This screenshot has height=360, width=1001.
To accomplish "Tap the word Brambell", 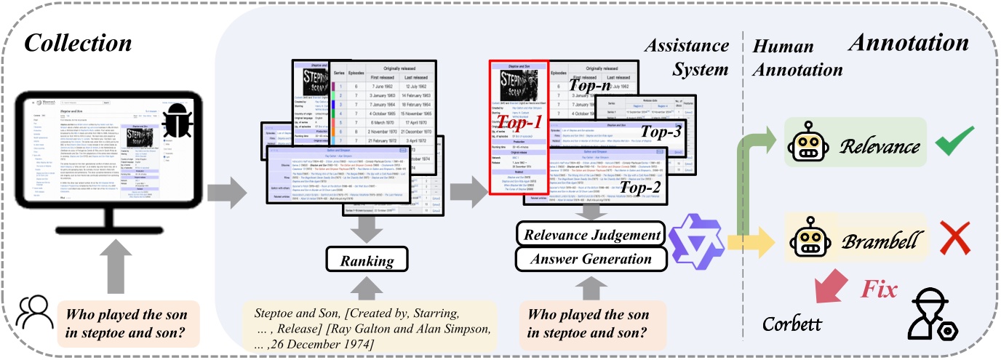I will (x=877, y=241).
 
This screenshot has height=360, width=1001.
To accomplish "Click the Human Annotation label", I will (x=797, y=57).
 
